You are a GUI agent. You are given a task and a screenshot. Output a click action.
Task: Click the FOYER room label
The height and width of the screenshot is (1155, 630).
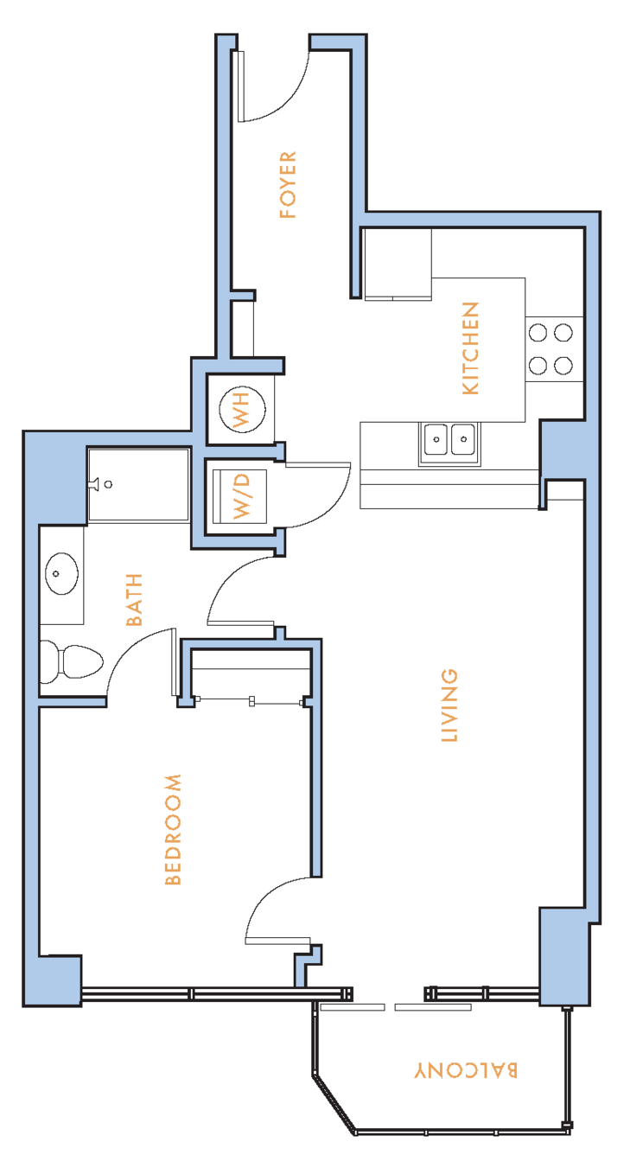point(288,185)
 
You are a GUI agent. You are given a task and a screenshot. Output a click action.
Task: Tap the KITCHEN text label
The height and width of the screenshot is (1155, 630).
point(471,348)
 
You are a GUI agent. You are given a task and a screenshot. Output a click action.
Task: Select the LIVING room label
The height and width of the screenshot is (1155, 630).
point(449,705)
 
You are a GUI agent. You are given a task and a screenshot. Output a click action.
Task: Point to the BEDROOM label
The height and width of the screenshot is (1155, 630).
point(173,829)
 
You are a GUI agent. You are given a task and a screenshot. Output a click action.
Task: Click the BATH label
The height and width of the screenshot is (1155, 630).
point(134,600)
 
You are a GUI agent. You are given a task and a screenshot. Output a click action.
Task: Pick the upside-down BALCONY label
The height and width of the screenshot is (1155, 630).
point(466,1070)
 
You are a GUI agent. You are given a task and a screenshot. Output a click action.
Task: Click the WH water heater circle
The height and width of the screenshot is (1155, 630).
point(242,410)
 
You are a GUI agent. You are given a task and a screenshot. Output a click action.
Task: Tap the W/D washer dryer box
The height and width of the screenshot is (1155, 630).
point(241,495)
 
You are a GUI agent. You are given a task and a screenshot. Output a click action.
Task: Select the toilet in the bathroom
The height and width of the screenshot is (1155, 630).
point(72,661)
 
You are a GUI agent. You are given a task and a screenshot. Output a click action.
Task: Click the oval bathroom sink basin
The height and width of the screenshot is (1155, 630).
point(62,573)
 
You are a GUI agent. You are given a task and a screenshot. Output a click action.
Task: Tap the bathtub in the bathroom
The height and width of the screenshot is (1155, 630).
point(138,485)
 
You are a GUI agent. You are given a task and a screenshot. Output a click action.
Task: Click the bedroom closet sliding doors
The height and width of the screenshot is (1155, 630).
point(251,701)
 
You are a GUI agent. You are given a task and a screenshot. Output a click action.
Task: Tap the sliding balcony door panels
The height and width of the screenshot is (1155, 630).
point(396,1007)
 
